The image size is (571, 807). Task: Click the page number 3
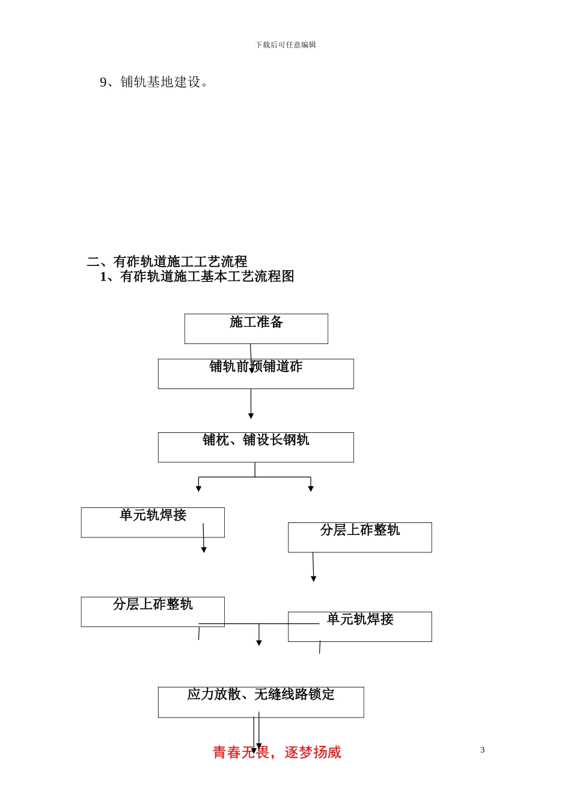coord(482,750)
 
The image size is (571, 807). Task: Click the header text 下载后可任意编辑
coord(285,45)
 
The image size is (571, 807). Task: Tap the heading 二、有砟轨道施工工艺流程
coord(167,261)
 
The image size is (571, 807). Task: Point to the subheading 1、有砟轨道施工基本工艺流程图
coord(197,276)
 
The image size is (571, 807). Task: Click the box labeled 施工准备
coord(256,328)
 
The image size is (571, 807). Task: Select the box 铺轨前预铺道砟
coord(255,373)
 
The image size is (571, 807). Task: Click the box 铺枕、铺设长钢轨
coord(255,447)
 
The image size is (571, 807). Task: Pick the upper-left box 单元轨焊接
coord(153,522)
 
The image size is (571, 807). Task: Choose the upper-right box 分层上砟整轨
coord(359,537)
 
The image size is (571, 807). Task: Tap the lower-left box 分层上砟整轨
coord(153,612)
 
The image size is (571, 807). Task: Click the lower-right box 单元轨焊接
coord(359,627)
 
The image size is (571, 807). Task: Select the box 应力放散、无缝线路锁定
coord(261,702)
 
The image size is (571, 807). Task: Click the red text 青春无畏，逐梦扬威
coord(277,752)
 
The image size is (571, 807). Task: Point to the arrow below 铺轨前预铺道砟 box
coord(251,403)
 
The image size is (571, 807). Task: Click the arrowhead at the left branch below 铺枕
coord(198,489)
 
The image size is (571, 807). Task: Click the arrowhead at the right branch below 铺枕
coord(311,489)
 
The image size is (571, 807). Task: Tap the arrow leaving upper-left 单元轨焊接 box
coord(204,539)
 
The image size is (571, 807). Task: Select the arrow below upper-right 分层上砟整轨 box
coord(313,567)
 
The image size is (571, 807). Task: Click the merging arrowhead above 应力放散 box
coord(259,642)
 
